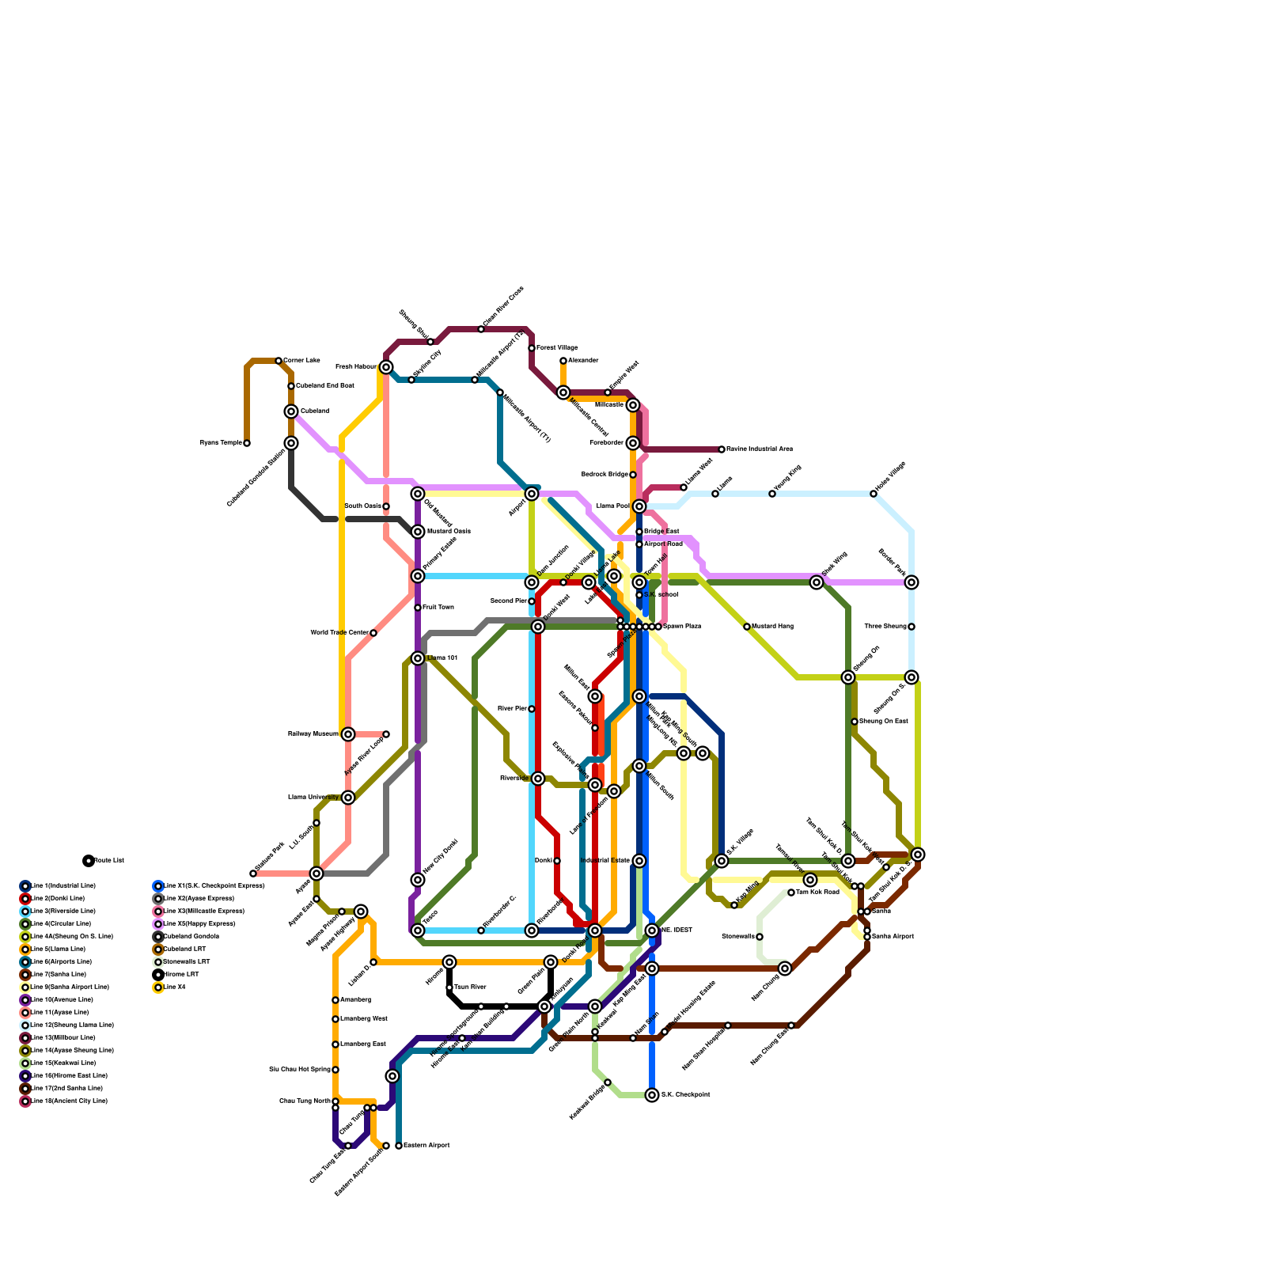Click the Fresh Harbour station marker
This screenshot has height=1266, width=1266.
(386, 367)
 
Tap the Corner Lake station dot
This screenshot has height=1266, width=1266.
(279, 361)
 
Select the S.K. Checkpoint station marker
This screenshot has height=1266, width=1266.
(652, 1095)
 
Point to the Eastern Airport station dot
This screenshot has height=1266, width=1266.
(399, 1146)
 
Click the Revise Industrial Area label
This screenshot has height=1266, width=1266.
(760, 449)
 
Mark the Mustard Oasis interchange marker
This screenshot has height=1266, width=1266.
(418, 532)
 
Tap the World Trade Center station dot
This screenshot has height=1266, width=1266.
(373, 633)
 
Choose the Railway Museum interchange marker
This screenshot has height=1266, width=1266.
(348, 734)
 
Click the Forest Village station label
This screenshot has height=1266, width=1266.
(557, 348)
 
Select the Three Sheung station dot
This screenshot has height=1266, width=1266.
(912, 627)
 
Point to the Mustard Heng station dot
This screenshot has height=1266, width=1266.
(747, 627)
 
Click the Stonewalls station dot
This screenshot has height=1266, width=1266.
(760, 937)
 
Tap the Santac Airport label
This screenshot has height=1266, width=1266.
(893, 937)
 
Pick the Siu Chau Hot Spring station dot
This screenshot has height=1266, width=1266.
(335, 1070)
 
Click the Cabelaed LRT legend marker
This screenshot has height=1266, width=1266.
(158, 949)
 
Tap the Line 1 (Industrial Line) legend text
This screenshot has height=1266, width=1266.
(63, 886)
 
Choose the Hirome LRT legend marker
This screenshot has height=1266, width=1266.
(158, 975)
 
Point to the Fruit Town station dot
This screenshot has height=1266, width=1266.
(418, 608)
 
